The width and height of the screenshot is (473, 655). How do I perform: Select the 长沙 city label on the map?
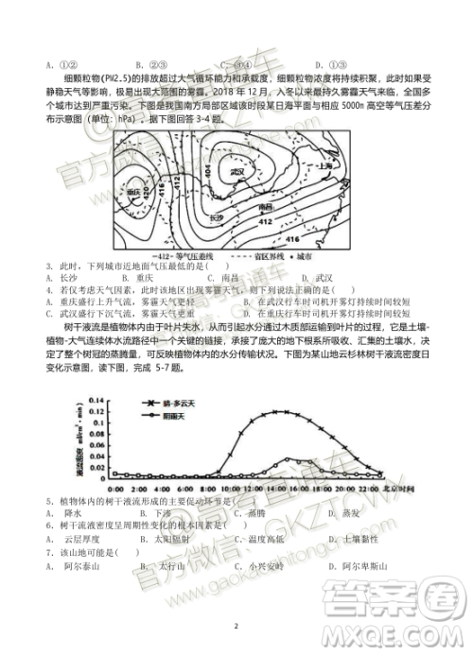point(217,217)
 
